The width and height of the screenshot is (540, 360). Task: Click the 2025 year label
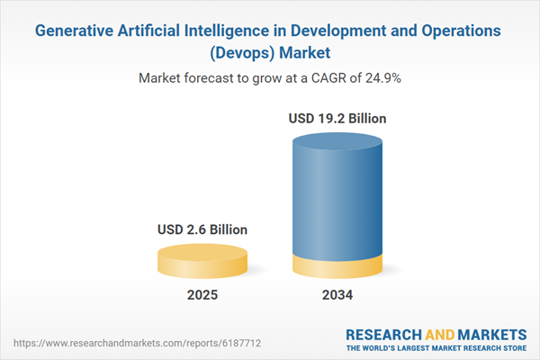[x=202, y=295]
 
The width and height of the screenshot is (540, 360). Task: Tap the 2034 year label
[x=338, y=295]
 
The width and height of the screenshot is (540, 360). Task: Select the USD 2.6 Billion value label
[x=202, y=230]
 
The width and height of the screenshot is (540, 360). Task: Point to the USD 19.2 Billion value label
[x=338, y=118]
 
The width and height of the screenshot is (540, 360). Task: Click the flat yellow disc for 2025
[x=202, y=260]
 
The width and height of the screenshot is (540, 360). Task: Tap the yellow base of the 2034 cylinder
[x=338, y=267]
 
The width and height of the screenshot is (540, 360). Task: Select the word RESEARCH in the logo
[x=383, y=332]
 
